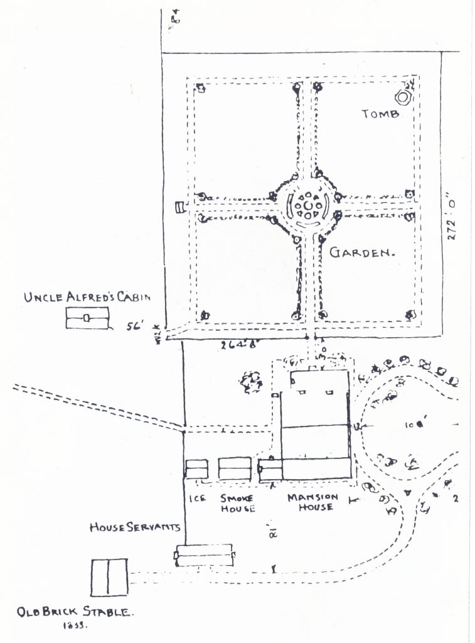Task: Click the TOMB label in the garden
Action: point(381,114)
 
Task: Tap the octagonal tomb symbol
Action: point(402,97)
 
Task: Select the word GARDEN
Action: point(361,253)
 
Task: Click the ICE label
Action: point(198,498)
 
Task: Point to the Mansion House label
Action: point(312,502)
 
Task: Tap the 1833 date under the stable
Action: point(75,626)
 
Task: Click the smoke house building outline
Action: point(234,469)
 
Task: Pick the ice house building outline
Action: point(196,469)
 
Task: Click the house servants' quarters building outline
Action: point(205,555)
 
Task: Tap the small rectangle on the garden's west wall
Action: point(179,206)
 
